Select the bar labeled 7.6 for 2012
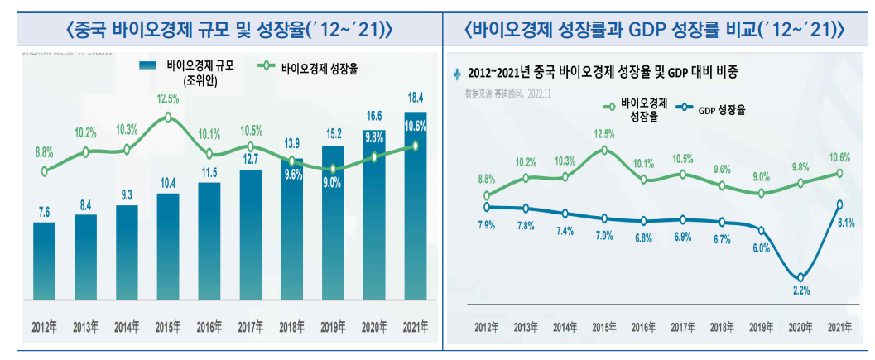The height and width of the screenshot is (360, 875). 45,261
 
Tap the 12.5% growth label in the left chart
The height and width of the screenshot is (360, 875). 168,99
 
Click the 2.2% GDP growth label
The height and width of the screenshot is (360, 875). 800,290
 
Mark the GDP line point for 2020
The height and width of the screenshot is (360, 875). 800,277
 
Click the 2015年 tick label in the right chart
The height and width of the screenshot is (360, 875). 604,327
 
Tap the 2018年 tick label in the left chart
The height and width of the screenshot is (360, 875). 291,327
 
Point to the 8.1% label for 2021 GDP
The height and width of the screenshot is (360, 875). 840,223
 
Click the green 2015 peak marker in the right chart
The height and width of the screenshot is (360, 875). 604,150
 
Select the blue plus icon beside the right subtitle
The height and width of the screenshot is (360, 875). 458,73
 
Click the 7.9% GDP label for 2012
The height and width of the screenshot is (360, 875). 486,223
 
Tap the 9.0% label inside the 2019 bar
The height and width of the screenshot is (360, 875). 332,184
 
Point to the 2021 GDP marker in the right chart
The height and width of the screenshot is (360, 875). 840,204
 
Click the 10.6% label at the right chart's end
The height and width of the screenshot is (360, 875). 839,157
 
